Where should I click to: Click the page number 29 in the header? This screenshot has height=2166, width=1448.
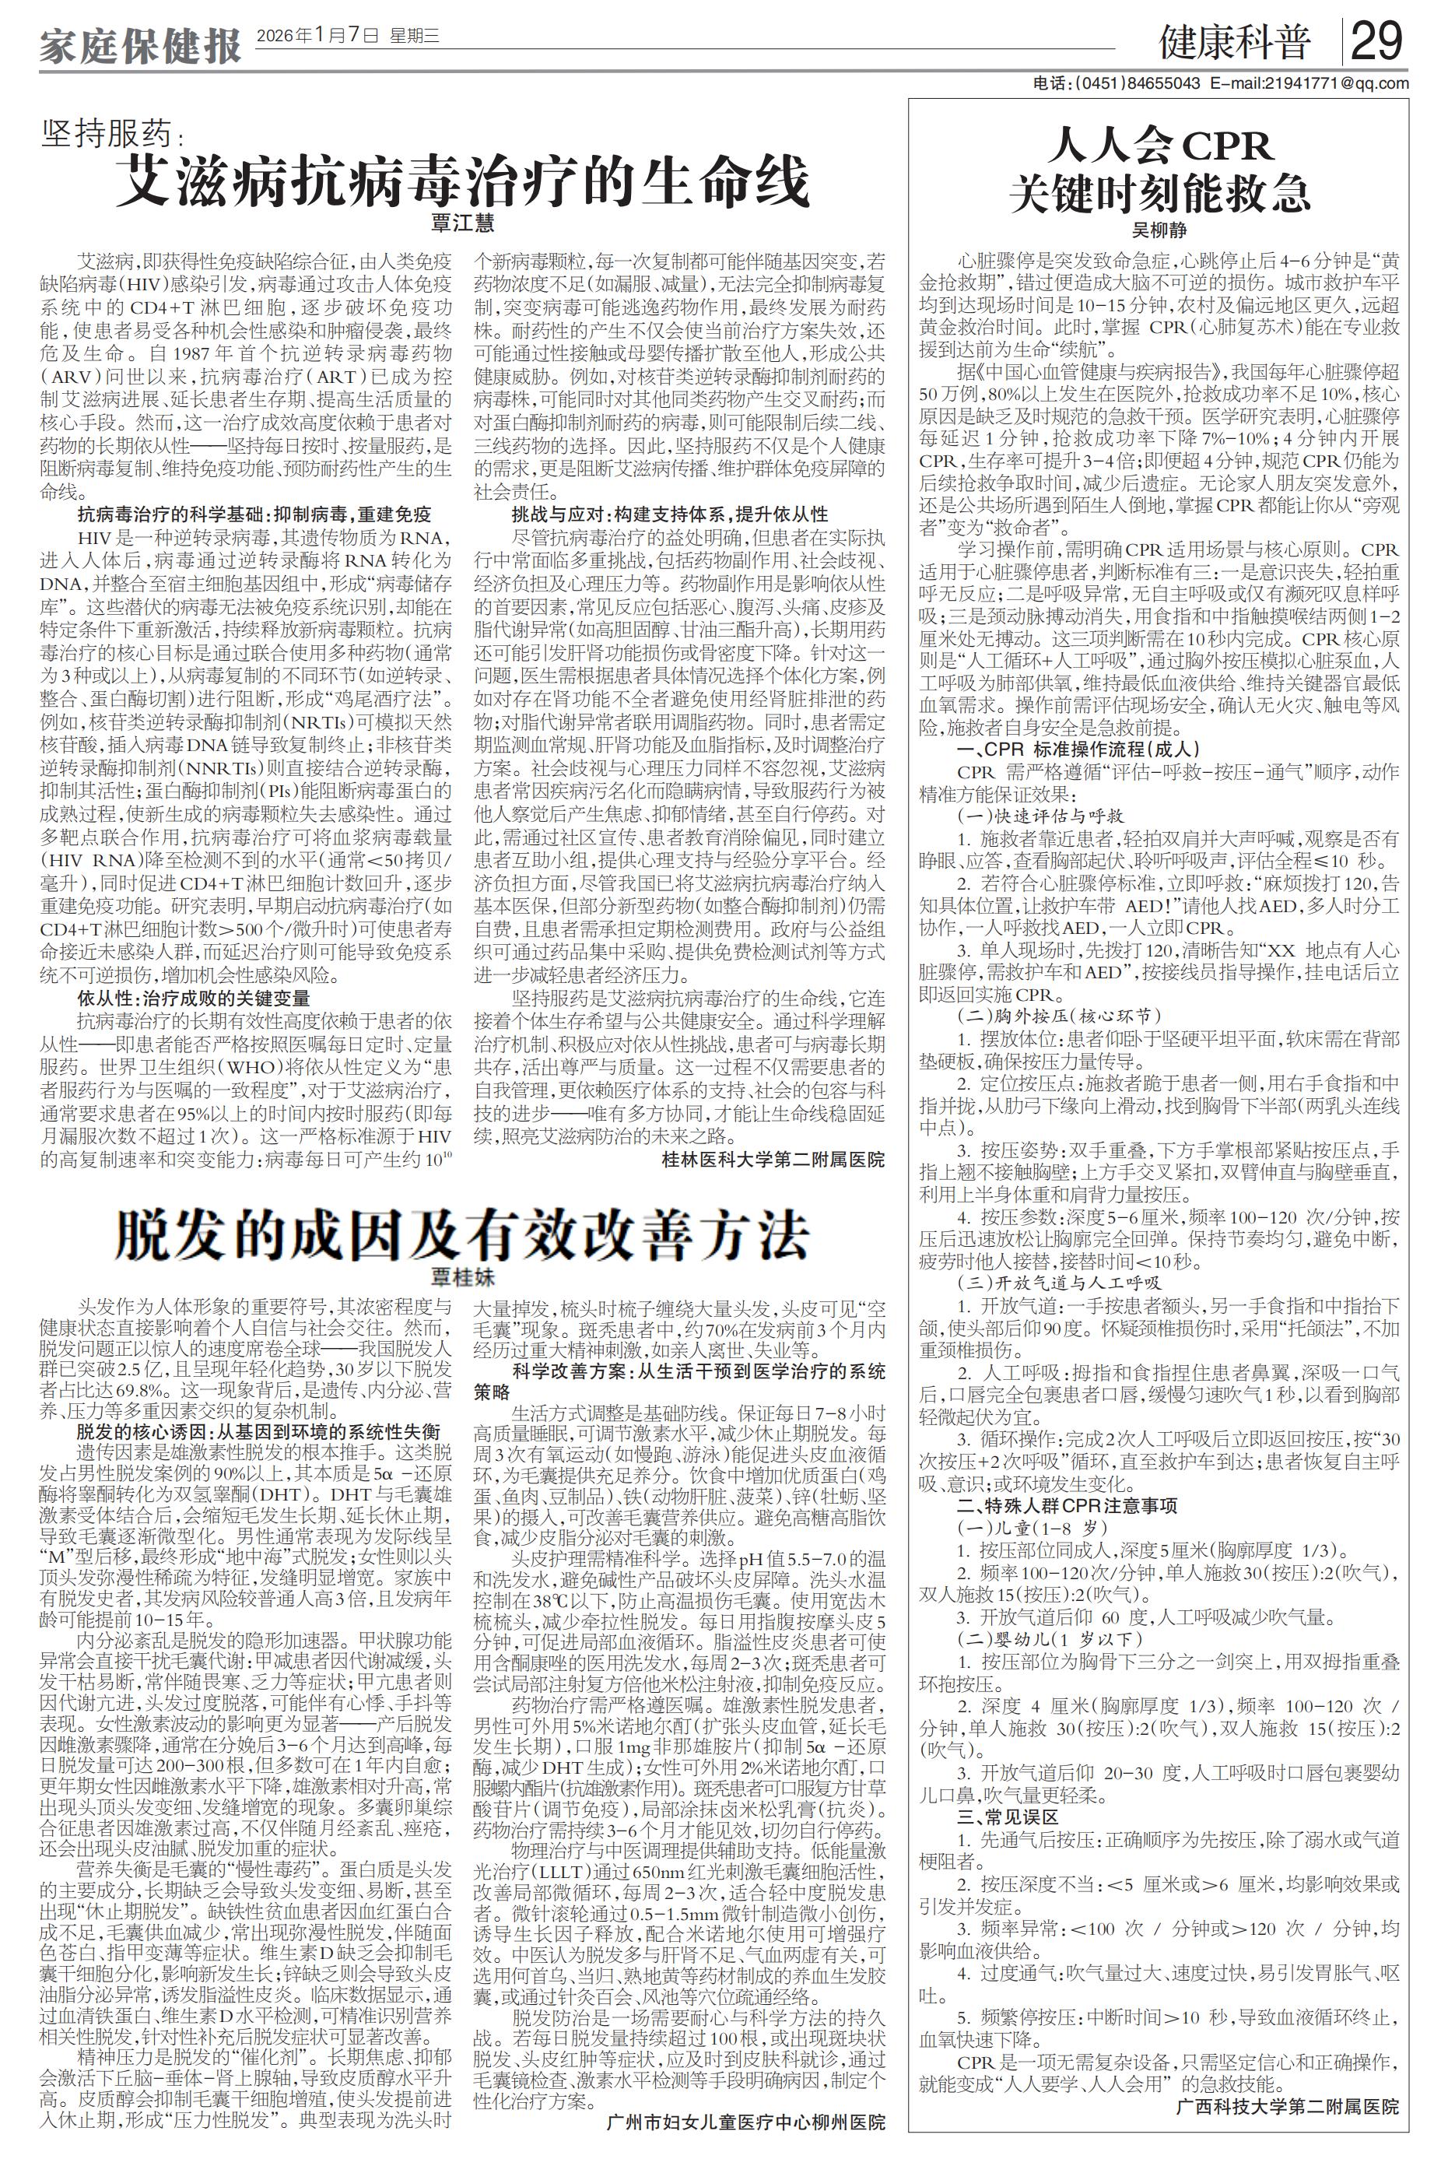click(x=1377, y=43)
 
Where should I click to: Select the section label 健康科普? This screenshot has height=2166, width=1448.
click(x=1235, y=44)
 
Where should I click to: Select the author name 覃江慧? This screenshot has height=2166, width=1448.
click(x=463, y=223)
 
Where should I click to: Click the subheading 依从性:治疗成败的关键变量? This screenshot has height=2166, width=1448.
click(x=194, y=999)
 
